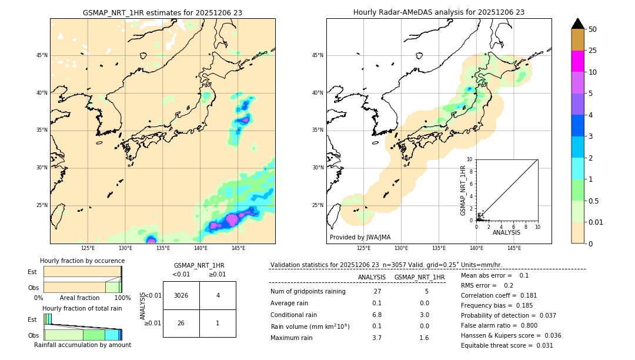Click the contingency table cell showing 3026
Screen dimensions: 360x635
(181, 295)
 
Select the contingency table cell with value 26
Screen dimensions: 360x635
(181, 323)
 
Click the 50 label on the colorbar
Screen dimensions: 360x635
(593, 29)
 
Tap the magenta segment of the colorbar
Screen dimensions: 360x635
(577, 61)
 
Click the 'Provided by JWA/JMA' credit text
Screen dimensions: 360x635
(360, 238)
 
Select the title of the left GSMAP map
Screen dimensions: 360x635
(162, 12)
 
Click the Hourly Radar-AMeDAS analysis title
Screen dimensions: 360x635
(439, 12)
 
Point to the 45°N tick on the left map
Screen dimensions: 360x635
(42, 55)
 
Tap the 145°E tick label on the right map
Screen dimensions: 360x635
(514, 248)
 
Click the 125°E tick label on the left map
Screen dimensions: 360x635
(88, 248)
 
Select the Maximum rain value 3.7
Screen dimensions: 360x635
(377, 338)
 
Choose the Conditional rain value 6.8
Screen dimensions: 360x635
(377, 315)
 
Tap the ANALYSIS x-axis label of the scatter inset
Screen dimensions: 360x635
(506, 232)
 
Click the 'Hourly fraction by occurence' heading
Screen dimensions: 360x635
(82, 261)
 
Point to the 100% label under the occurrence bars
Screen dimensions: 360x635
(122, 298)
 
